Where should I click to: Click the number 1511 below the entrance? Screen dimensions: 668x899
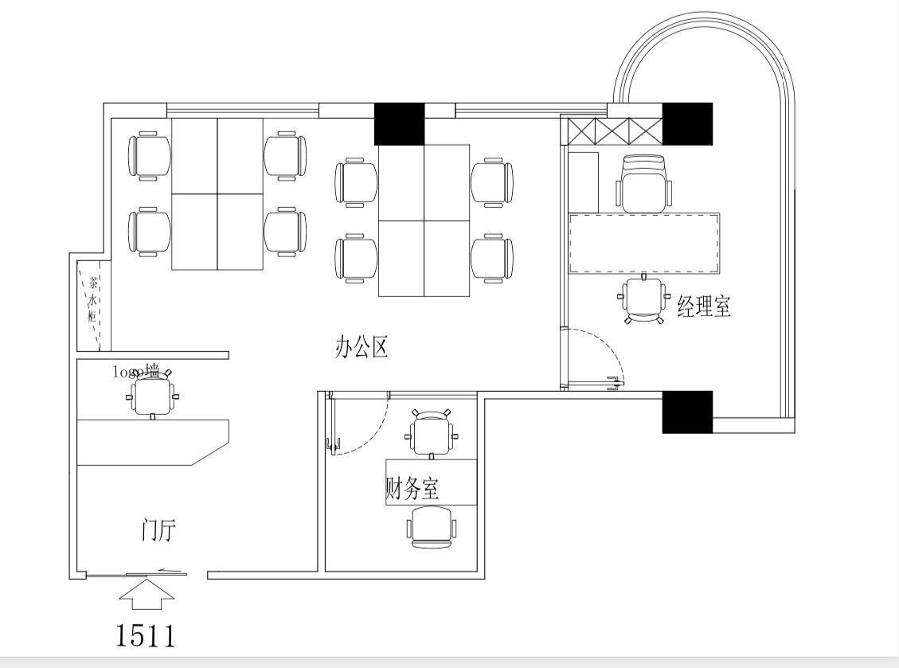(146, 635)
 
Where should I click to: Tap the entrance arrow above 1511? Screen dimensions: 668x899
(146, 594)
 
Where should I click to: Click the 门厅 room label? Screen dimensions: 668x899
(158, 530)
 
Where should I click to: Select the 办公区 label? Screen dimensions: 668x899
(361, 347)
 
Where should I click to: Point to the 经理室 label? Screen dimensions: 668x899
(704, 307)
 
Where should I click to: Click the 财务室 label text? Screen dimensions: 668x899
(412, 488)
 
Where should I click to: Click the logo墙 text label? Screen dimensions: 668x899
(136, 370)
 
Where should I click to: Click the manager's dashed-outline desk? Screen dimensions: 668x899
(643, 243)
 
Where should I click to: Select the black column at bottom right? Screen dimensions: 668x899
(687, 412)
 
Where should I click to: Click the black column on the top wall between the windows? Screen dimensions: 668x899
(399, 124)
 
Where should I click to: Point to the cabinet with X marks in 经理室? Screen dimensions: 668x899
(612, 130)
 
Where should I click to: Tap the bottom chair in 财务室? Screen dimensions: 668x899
(432, 528)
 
